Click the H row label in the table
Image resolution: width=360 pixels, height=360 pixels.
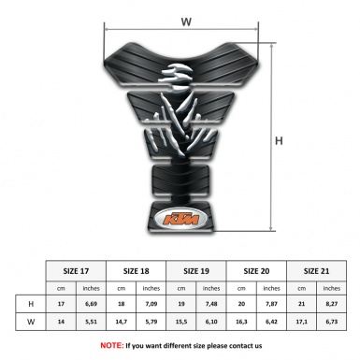32,305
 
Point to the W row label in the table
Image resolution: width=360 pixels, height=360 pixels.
32,323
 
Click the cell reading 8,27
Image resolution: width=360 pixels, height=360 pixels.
332,305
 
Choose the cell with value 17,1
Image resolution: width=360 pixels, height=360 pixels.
302,323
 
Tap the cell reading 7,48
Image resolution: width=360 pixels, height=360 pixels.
212,305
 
